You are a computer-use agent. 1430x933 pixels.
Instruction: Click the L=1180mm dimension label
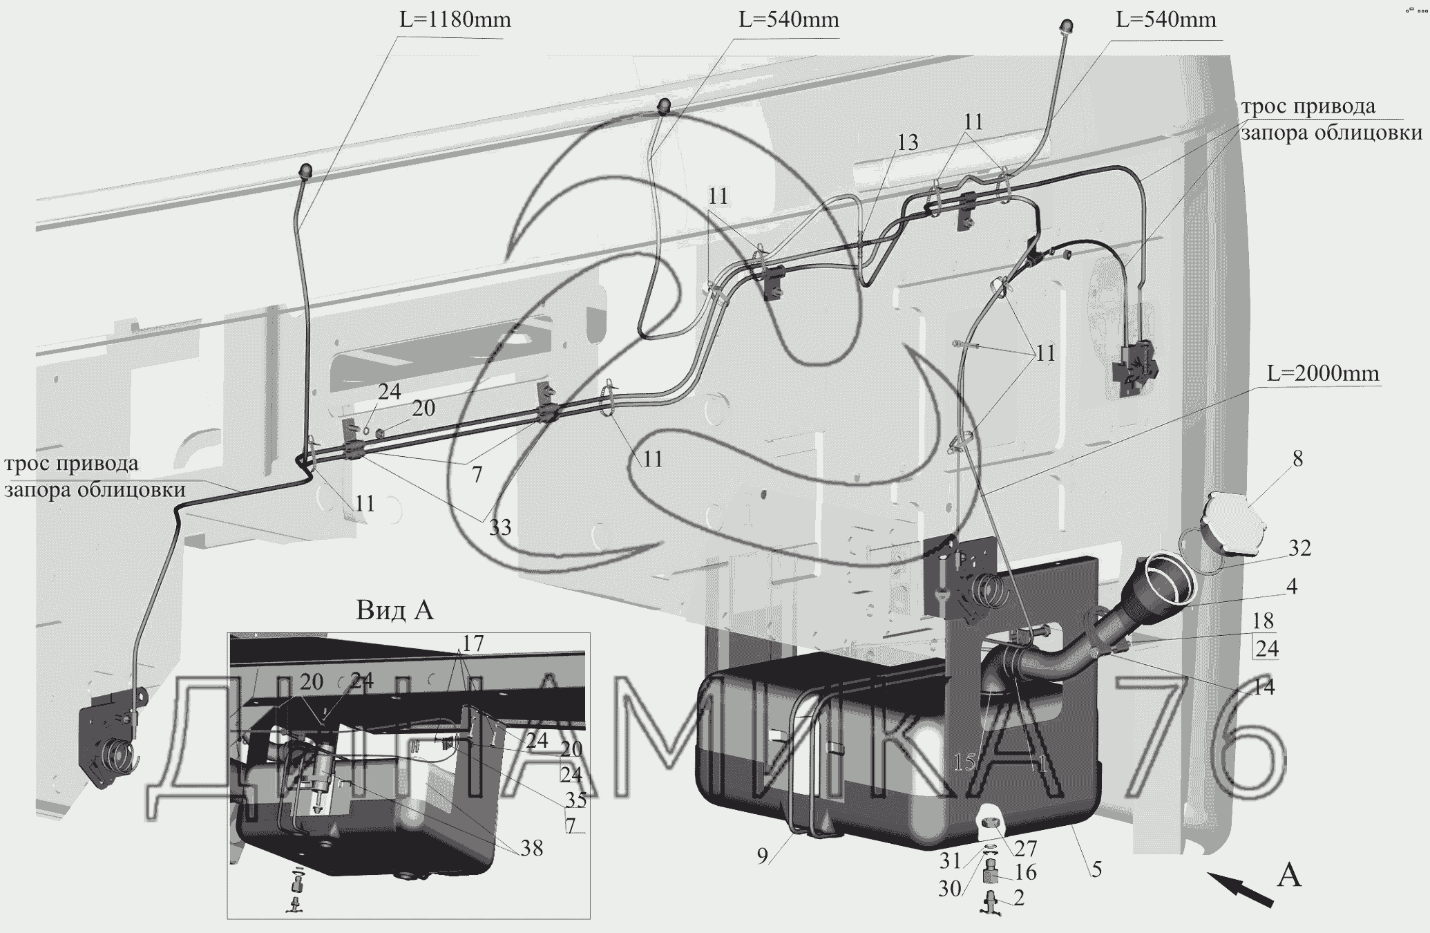click(455, 20)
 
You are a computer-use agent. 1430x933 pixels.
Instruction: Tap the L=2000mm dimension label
click(1323, 374)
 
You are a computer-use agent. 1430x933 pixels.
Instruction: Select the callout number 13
click(908, 142)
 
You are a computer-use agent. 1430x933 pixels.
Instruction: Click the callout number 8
click(1297, 459)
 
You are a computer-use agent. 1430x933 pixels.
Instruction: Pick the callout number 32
click(1299, 548)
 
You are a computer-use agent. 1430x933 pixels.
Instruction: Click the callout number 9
click(762, 856)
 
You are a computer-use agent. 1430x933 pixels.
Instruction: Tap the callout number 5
click(1096, 869)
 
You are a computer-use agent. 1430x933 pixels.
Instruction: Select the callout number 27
click(1026, 848)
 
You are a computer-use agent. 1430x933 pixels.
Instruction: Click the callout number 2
click(1018, 898)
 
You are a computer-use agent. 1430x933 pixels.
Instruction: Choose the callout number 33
click(500, 527)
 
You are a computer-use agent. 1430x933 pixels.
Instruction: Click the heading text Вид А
click(394, 610)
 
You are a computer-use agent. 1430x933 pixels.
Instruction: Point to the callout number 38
click(532, 848)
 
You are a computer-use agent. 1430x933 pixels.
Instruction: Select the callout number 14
click(1264, 686)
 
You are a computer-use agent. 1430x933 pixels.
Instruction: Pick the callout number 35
click(575, 800)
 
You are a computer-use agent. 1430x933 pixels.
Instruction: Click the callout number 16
click(1026, 873)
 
